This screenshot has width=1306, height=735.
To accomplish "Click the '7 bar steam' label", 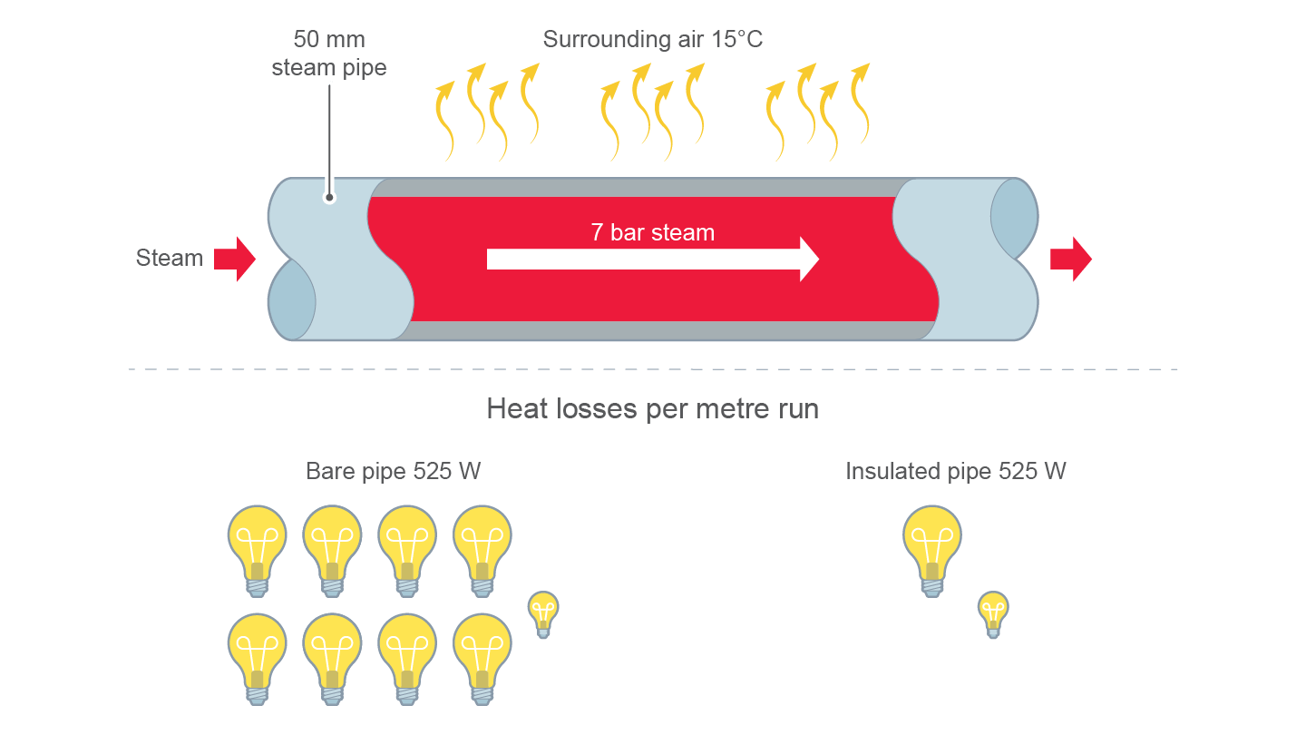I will click(652, 233).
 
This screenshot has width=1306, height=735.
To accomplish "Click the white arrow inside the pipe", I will click(652, 260).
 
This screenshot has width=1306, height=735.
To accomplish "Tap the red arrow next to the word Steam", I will click(234, 259).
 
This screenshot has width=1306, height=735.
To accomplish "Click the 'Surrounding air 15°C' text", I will click(653, 40).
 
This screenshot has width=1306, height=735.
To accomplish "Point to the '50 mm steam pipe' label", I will click(328, 54).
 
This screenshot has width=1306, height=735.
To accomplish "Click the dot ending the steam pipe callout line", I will click(329, 197).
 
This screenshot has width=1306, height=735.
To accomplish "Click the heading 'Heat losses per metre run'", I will click(652, 409).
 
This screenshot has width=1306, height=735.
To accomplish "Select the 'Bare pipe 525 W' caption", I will click(393, 472).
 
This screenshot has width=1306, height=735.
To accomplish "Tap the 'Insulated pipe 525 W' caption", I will click(955, 472).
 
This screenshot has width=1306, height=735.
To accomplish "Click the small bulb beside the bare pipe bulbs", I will click(543, 613).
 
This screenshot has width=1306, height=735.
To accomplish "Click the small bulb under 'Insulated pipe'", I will click(993, 613).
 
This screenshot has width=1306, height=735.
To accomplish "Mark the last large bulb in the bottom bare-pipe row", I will click(482, 656).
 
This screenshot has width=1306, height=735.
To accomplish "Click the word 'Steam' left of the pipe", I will click(170, 259).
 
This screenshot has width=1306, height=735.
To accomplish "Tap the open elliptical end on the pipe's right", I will click(1013, 219).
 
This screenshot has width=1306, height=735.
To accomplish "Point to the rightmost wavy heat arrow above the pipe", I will click(858, 103).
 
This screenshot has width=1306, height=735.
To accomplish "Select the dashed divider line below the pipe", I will click(653, 369).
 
